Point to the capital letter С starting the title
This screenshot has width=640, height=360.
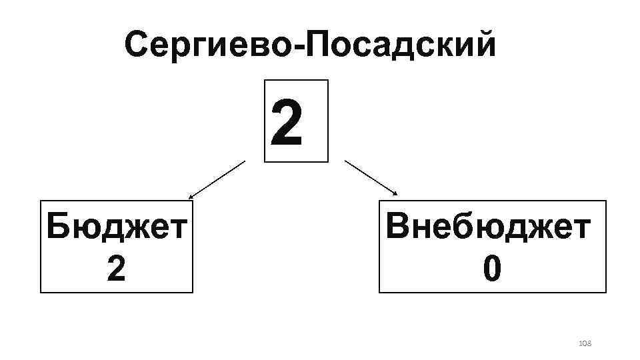point(136,45)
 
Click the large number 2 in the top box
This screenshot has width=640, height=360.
point(287,122)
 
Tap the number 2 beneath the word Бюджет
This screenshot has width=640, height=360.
point(116,268)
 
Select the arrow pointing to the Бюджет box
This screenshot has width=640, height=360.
point(217,179)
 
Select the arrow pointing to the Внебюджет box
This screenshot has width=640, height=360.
point(371,178)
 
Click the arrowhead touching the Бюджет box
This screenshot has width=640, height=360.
point(191,197)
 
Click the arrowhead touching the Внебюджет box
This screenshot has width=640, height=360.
point(395,194)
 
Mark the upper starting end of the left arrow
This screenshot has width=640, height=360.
point(245,161)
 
